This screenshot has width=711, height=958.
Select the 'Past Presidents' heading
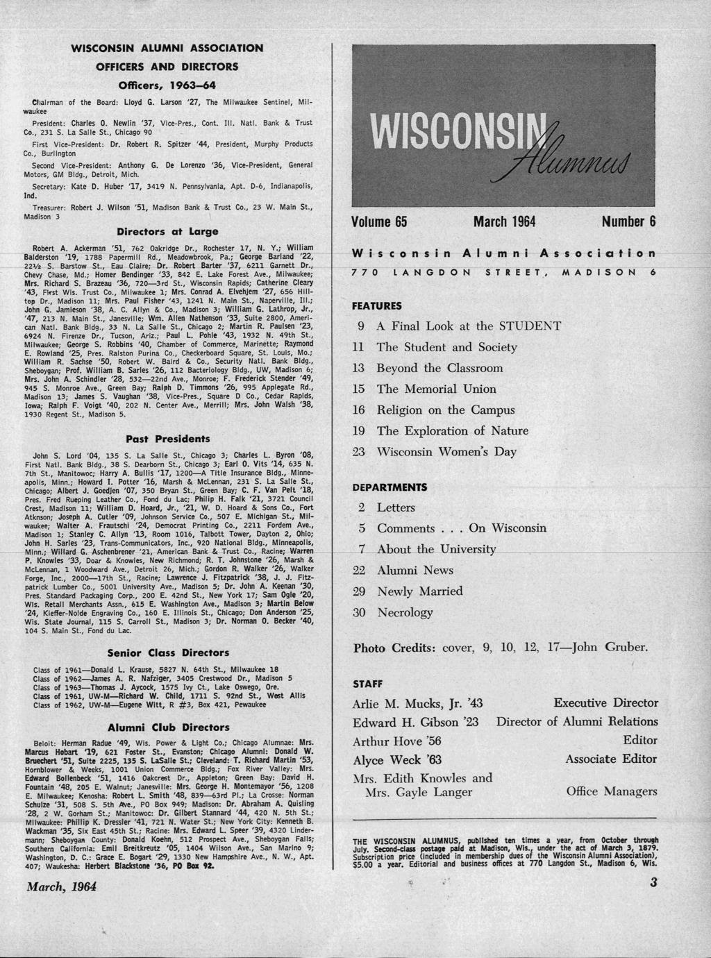click(167, 439)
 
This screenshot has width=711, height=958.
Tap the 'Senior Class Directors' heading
click(168, 653)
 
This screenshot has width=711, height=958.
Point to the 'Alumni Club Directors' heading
click(168, 728)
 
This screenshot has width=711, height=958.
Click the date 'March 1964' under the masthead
click(504, 222)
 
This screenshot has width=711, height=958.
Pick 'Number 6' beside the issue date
click(628, 222)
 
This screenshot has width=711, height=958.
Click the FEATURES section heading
click(376, 305)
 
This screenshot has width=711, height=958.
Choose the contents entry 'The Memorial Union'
click(436, 389)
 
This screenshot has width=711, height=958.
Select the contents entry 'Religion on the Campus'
click(446, 410)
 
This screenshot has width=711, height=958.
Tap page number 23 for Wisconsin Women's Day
click(359, 451)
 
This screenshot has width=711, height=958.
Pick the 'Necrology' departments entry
click(405, 612)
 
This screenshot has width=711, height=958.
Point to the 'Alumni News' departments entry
click(415, 571)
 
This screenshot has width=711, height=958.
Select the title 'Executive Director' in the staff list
click(605, 703)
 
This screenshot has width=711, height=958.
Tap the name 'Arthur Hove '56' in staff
click(397, 741)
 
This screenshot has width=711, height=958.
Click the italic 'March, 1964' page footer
click(61, 886)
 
